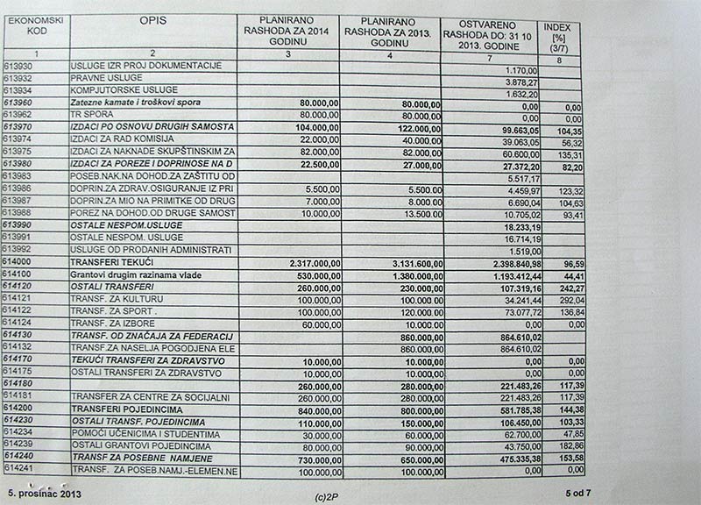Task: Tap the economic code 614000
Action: pos(18,262)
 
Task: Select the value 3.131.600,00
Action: pos(406,262)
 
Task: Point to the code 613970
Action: pos(18,128)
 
